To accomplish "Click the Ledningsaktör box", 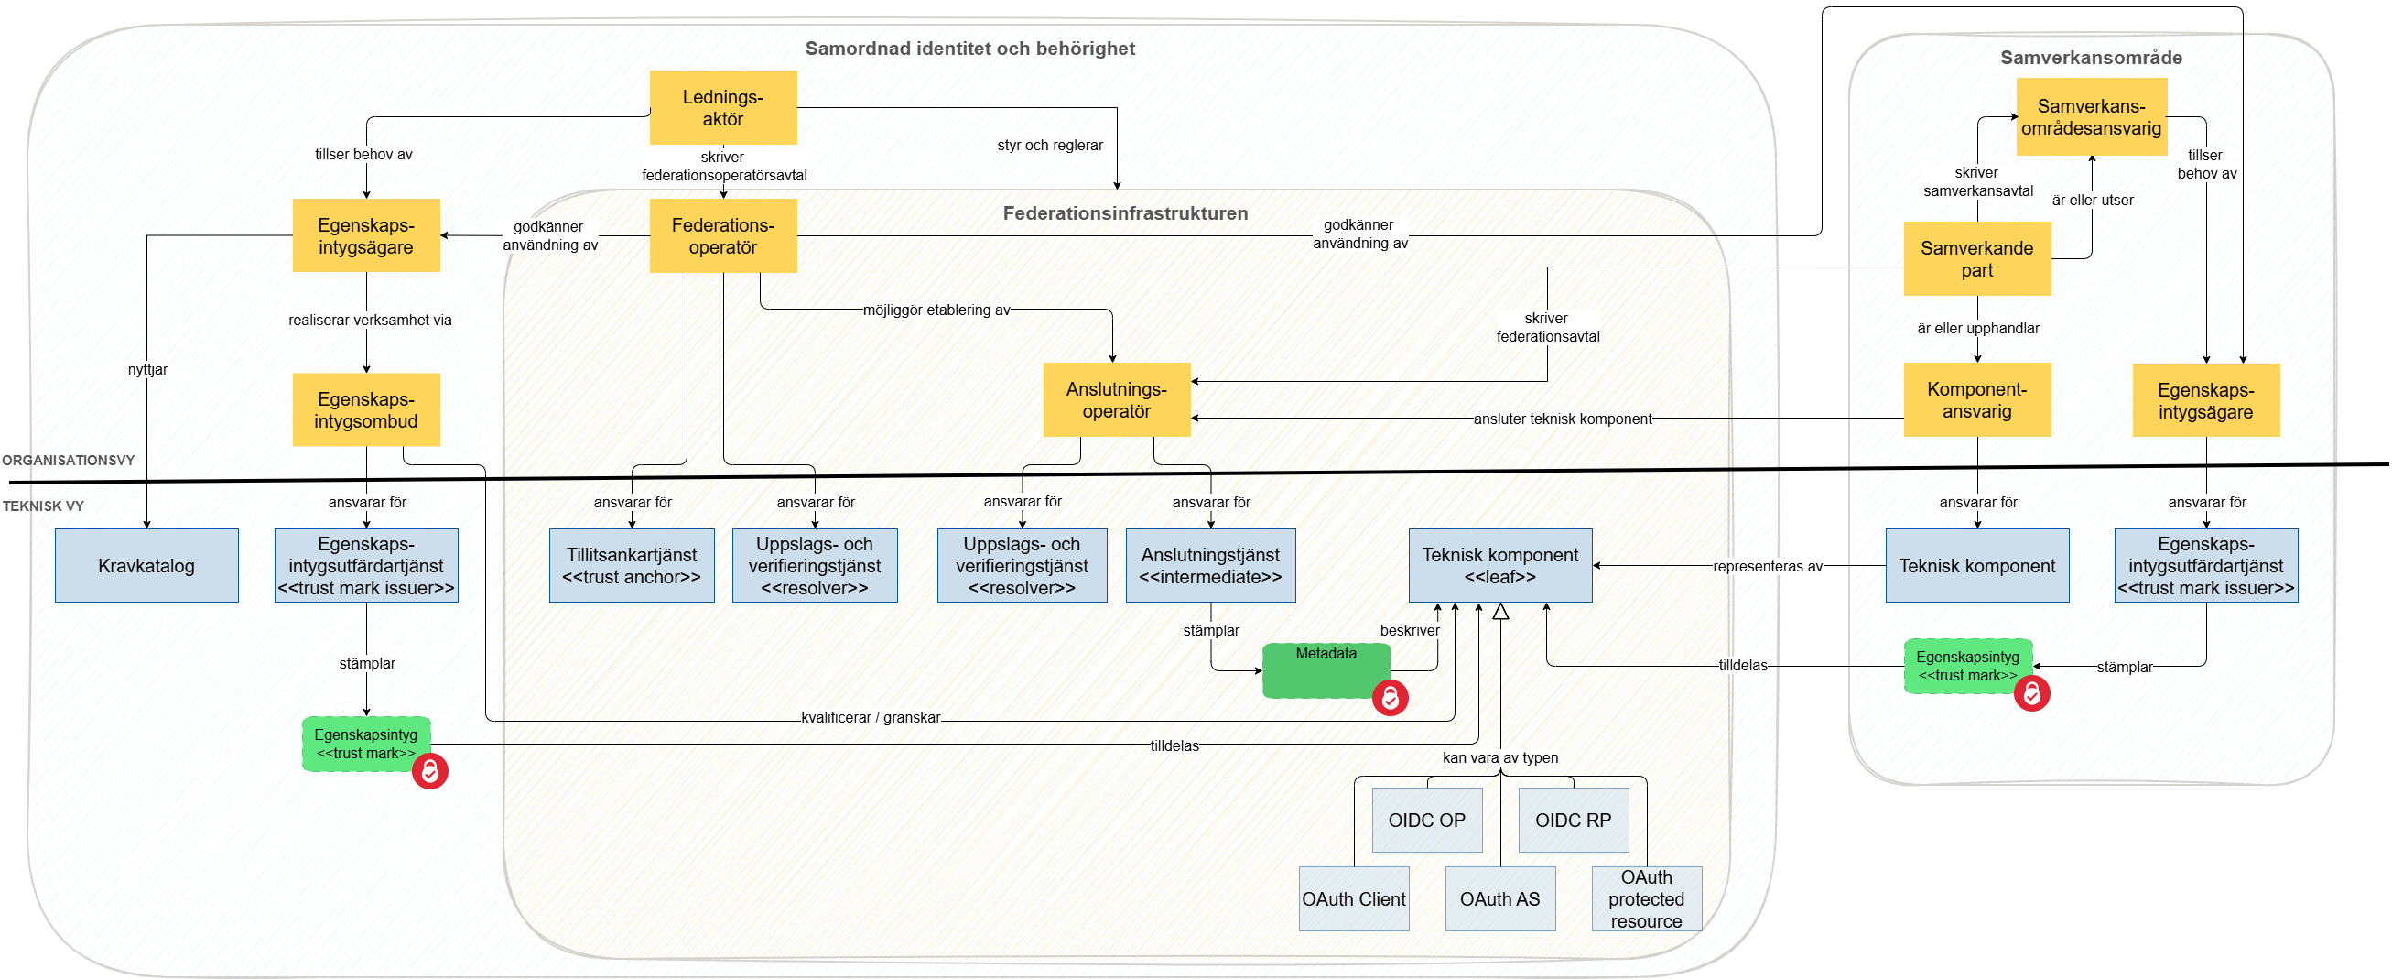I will pyautogui.click(x=722, y=108).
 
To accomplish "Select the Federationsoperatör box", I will pyautogui.click(x=722, y=236).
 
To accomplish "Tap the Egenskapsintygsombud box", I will pyautogui.click(x=366, y=409).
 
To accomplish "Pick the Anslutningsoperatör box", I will pyautogui.click(x=1116, y=399).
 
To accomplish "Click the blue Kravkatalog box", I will pyautogui.click(x=146, y=566).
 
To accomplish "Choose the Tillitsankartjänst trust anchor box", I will pyautogui.click(x=632, y=566).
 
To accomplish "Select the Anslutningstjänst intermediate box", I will pyautogui.click(x=1210, y=566).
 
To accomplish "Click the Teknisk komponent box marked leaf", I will pyautogui.click(x=1499, y=566).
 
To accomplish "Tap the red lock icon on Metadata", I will pyautogui.click(x=1391, y=698).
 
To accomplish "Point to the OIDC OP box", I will pyautogui.click(x=1426, y=821).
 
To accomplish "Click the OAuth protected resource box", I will pyautogui.click(x=1645, y=899).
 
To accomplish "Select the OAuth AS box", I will pyautogui.click(x=1499, y=899).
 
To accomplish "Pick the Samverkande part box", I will pyautogui.click(x=1976, y=259).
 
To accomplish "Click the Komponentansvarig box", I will pyautogui.click(x=1976, y=400).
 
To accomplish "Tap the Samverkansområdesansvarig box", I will pyautogui.click(x=2090, y=117).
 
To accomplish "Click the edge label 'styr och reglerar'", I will pyautogui.click(x=1049, y=146).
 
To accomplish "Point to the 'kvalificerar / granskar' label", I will pyautogui.click(x=870, y=717).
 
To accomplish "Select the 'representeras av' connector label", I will pyautogui.click(x=1767, y=566).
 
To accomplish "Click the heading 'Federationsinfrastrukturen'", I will pyautogui.click(x=1124, y=213).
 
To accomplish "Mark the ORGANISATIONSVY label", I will pyautogui.click(x=68, y=460).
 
